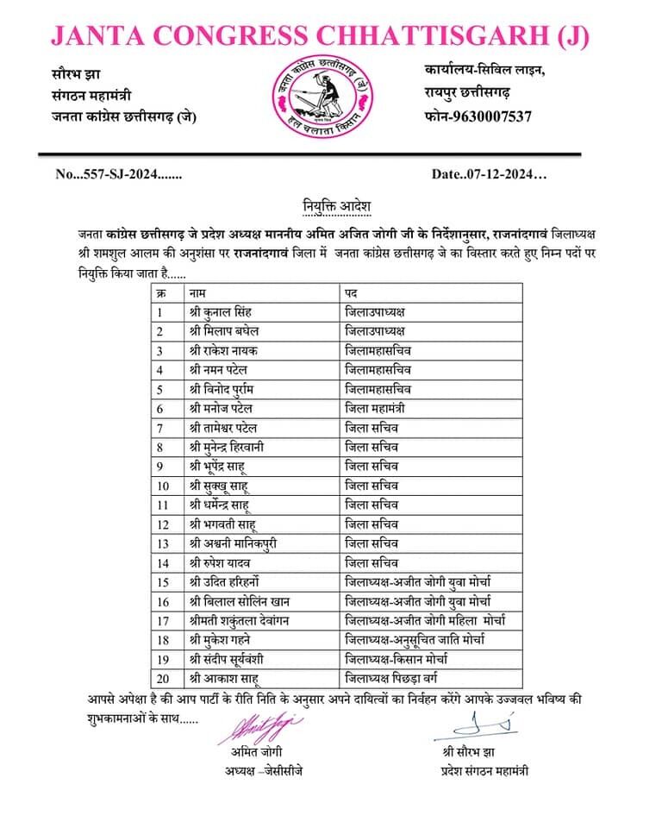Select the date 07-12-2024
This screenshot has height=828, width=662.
tap(489, 174)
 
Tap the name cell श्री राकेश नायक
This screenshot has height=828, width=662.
tap(222, 350)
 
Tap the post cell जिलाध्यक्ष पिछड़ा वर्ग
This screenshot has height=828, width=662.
tap(397, 678)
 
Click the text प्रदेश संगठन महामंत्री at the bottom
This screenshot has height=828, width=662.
tap(484, 770)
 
